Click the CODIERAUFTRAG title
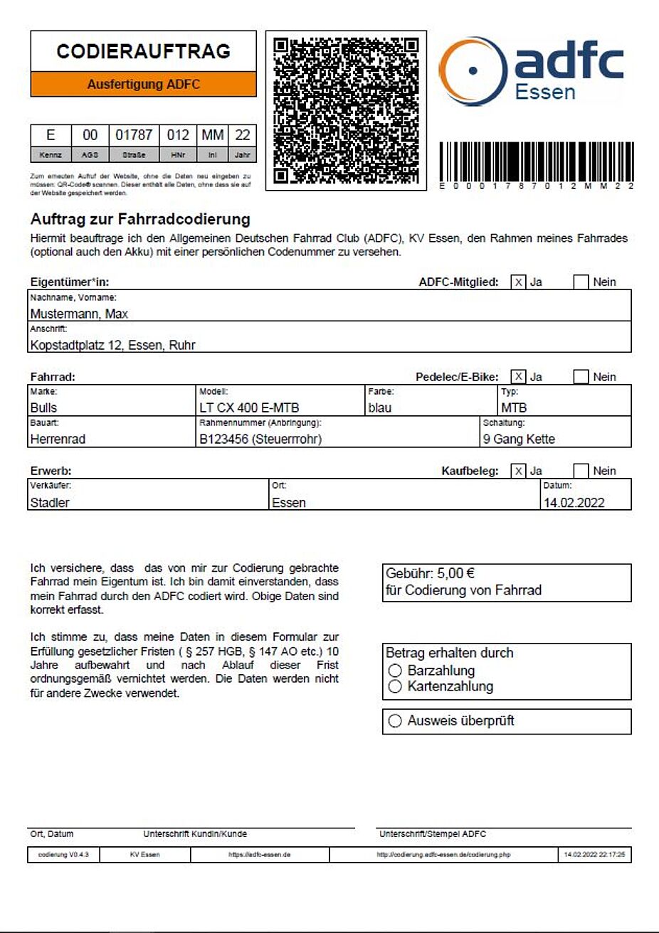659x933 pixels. click(143, 51)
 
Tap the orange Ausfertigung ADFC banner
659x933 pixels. click(143, 84)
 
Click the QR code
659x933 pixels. click(346, 110)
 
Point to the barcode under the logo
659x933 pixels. click(536, 162)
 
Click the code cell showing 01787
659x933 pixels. click(134, 135)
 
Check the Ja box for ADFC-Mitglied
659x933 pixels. click(518, 282)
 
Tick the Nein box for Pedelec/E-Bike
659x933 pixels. click(581, 377)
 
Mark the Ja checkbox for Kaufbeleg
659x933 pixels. click(518, 471)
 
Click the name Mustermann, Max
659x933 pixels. click(79, 314)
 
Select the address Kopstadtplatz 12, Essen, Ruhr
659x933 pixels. click(112, 345)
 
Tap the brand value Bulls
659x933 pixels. click(43, 407)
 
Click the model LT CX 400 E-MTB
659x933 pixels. click(249, 407)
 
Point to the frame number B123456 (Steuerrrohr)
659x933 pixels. click(260, 439)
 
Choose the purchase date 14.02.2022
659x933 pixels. click(574, 502)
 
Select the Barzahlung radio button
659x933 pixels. click(396, 670)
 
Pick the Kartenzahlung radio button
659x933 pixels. click(396, 686)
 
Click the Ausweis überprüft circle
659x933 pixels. click(396, 721)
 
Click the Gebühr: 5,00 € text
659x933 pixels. click(430, 573)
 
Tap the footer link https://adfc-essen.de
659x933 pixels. click(259, 854)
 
